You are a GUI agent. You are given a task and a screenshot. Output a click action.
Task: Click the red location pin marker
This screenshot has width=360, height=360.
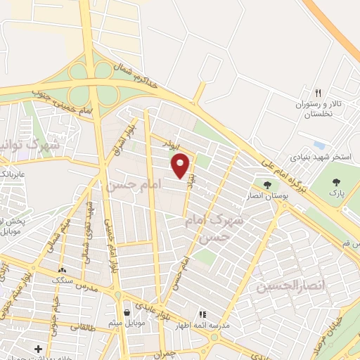[x=181, y=166]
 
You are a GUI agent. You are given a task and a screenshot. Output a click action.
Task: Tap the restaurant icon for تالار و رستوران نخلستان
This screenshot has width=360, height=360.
[x=318, y=93]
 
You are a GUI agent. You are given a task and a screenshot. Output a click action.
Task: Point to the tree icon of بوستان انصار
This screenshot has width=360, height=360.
[x=267, y=185]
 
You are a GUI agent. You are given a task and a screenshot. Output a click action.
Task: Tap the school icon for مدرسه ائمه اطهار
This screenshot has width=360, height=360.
[x=202, y=314]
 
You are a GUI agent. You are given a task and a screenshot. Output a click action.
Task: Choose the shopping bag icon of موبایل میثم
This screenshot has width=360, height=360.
[x=127, y=313]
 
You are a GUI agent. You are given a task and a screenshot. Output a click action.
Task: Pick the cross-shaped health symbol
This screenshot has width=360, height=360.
[x=38, y=349]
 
